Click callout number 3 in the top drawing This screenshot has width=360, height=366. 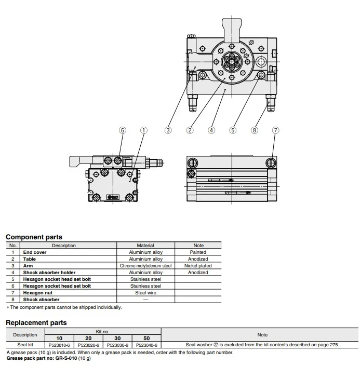pyautogui.click(x=168, y=130)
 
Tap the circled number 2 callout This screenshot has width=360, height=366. pyautogui.click(x=190, y=130)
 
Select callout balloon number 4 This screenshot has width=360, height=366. pyautogui.click(x=211, y=130)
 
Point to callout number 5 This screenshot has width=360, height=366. pyautogui.click(x=233, y=130)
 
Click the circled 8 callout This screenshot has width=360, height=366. pyautogui.click(x=255, y=130)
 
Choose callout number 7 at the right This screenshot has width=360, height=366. pyautogui.click(x=275, y=130)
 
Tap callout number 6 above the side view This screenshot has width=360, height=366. pyautogui.click(x=123, y=130)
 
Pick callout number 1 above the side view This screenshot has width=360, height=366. pyautogui.click(x=144, y=130)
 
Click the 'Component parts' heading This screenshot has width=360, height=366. pyautogui.click(x=34, y=237)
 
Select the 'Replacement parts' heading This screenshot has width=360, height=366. pyautogui.click(x=36, y=322)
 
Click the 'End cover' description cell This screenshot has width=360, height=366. pyautogui.click(x=34, y=252)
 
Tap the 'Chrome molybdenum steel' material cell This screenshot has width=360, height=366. pyautogui.click(x=145, y=266)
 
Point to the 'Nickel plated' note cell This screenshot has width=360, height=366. pyautogui.click(x=198, y=266)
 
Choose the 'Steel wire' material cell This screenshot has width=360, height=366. pyautogui.click(x=145, y=293)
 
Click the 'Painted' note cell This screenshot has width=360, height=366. pyautogui.click(x=198, y=252)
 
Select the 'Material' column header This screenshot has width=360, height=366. pyautogui.click(x=145, y=246)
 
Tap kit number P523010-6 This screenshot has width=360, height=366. pyautogui.click(x=59, y=345)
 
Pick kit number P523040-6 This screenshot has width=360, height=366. pyautogui.click(x=146, y=345)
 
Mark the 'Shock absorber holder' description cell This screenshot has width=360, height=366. pyautogui.click(x=49, y=273)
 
